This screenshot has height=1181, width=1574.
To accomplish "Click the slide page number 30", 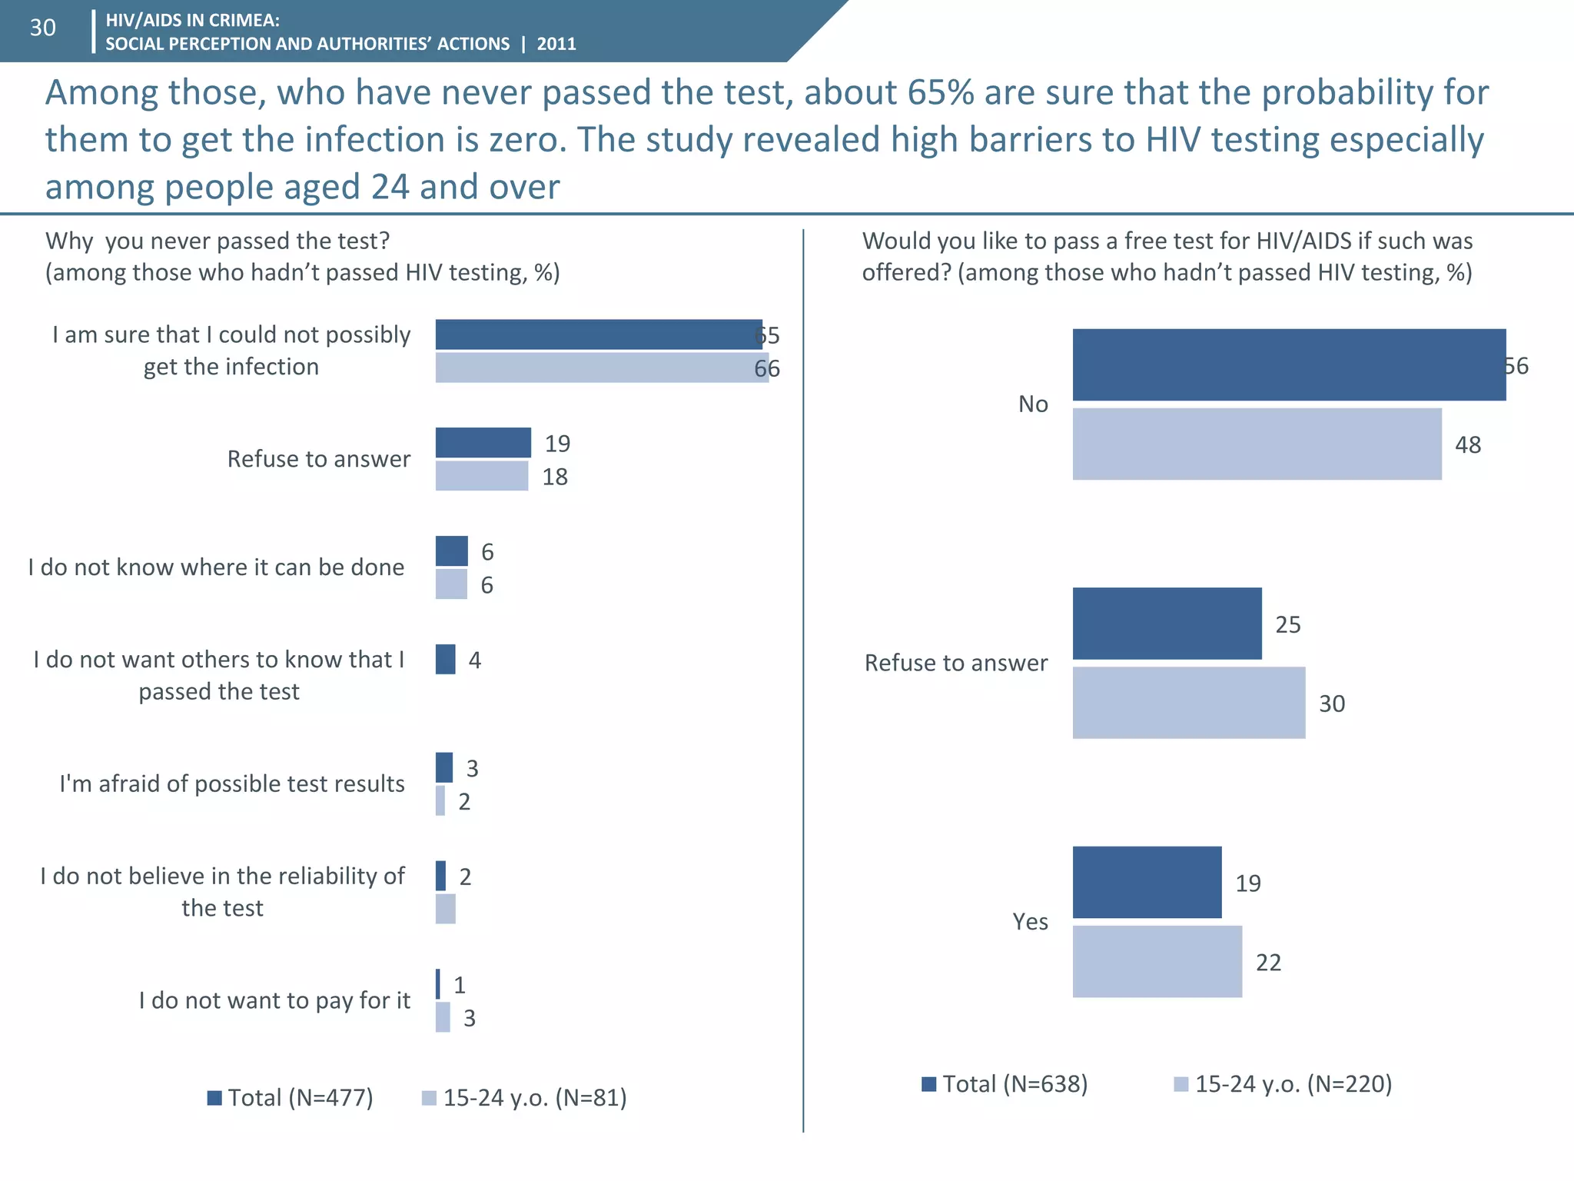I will click(43, 28).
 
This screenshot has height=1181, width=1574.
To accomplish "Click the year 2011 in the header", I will click(556, 44).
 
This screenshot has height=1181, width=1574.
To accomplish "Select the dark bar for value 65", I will click(598, 334).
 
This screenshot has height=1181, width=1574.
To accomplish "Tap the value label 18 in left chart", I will click(555, 477).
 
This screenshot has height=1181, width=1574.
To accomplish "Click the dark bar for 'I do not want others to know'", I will click(445, 660).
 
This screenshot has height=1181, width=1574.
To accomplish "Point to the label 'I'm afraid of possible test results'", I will click(232, 783).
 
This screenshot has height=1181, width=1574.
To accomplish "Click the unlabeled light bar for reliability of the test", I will click(445, 909).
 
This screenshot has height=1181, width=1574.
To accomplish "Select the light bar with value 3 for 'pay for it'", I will click(443, 1017).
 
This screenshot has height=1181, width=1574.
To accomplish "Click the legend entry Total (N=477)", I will click(291, 1097).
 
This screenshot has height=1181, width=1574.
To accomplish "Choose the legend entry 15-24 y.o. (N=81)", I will click(525, 1097).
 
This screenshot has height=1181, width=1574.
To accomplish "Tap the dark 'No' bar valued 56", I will click(1289, 365).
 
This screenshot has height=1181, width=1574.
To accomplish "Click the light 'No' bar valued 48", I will click(1257, 444).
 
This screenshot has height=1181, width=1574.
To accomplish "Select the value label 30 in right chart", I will click(1332, 704).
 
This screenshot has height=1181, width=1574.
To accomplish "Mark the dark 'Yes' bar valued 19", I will click(1147, 883).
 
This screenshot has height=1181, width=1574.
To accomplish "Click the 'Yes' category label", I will click(1030, 921).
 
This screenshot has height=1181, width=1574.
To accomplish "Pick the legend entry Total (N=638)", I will click(1005, 1084).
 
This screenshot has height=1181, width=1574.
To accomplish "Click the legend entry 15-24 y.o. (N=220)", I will click(1283, 1084).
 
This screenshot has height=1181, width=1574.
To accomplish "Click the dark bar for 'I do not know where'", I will click(451, 551).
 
